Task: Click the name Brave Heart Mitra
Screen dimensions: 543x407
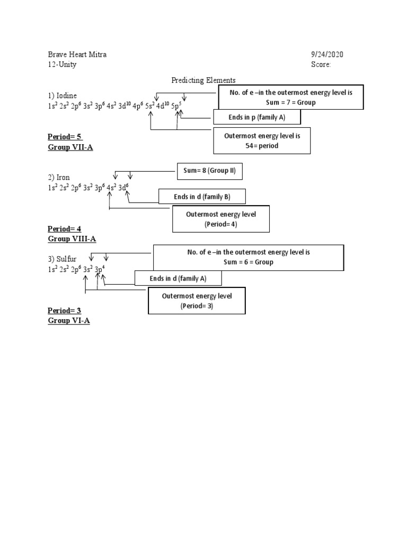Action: click(80, 55)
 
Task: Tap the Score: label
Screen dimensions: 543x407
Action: click(321, 65)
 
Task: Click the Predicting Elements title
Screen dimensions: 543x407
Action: click(203, 80)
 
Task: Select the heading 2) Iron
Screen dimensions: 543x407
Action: click(59, 177)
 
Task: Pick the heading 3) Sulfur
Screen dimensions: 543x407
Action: click(62, 259)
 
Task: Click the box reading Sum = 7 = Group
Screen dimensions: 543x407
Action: click(291, 97)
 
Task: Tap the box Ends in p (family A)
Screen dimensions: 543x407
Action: click(257, 117)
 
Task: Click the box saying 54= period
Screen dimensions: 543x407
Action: click(262, 141)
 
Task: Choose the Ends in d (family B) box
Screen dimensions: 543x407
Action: click(202, 197)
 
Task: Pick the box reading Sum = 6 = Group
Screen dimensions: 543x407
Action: click(248, 257)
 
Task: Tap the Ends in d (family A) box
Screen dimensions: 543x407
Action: click(178, 278)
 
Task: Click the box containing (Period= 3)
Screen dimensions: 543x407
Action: click(197, 301)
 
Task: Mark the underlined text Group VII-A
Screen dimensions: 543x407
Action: click(70, 147)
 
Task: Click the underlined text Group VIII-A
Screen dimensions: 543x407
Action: click(72, 239)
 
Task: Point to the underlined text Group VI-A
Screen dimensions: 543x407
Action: click(68, 321)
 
